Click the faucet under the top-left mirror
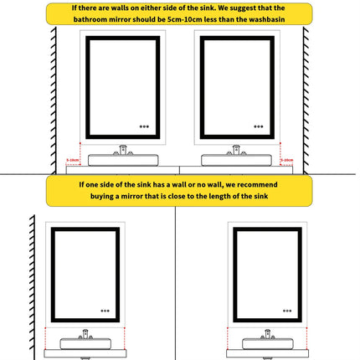pos(123,150)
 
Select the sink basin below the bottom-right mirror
pos(269,342)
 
